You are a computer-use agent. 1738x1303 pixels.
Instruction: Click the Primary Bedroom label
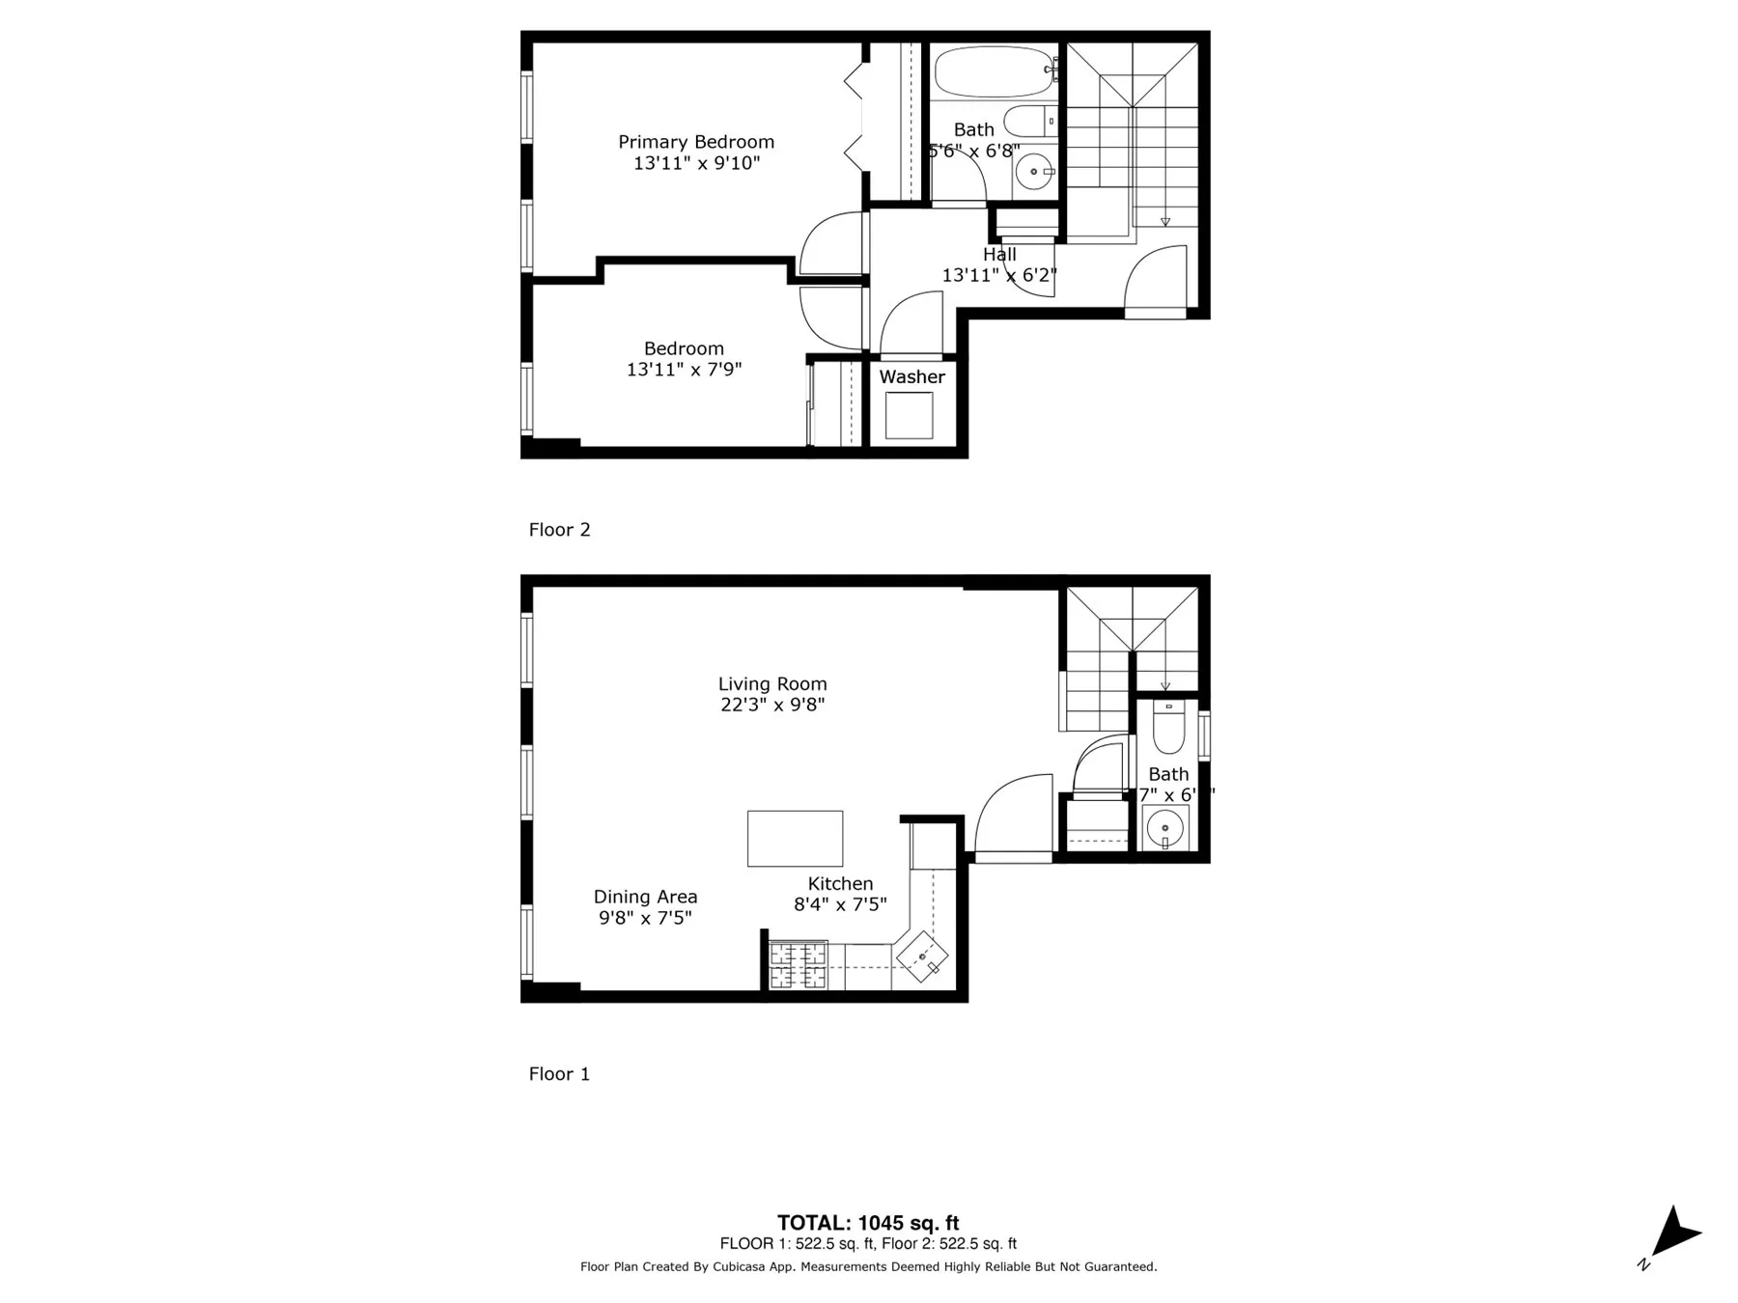click(x=696, y=142)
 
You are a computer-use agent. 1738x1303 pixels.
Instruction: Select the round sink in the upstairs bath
click(x=1036, y=173)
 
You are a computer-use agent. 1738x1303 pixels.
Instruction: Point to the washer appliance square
click(x=910, y=416)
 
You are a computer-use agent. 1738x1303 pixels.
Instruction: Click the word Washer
click(x=911, y=377)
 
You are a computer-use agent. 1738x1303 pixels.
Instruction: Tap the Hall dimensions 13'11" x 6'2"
click(x=999, y=275)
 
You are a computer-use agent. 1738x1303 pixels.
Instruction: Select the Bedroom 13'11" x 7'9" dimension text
click(x=684, y=369)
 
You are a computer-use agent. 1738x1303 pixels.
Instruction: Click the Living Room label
click(x=772, y=683)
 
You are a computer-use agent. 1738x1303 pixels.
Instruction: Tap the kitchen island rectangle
click(x=795, y=838)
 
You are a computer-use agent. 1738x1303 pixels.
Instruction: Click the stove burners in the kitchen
click(x=798, y=965)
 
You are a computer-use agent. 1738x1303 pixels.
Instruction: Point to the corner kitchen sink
click(x=922, y=956)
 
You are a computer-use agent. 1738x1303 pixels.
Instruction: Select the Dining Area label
click(x=645, y=897)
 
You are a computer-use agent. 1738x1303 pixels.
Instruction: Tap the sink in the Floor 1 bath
click(x=1165, y=828)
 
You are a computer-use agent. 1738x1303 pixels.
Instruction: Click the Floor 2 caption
click(x=559, y=530)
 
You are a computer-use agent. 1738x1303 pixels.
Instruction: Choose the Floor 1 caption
click(x=559, y=1074)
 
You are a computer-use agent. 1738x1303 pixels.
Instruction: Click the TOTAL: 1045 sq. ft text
click(x=868, y=1224)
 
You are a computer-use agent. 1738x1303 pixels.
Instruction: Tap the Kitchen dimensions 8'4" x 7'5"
click(x=840, y=904)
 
